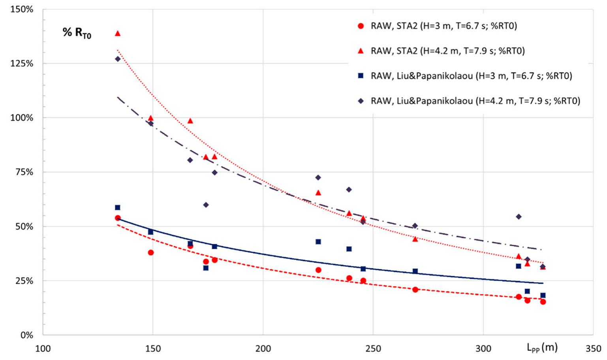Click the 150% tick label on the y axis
pyautogui.click(x=22, y=9)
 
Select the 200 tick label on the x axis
pyautogui.click(x=263, y=349)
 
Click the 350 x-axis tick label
pyautogui.click(x=593, y=349)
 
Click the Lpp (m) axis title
pyautogui.click(x=542, y=347)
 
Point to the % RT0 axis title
pyautogui.click(x=77, y=33)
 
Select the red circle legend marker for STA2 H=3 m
pyautogui.click(x=360, y=26)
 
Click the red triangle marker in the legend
pyautogui.click(x=360, y=51)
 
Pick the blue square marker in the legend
pyautogui.click(x=360, y=76)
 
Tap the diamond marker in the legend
pyautogui.click(x=360, y=101)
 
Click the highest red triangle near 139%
pyautogui.click(x=117, y=34)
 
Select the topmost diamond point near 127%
pyautogui.click(x=117, y=59)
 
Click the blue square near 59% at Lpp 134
pyautogui.click(x=117, y=207)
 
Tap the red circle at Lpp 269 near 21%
pyautogui.click(x=415, y=290)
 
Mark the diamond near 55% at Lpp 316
pyautogui.click(x=519, y=217)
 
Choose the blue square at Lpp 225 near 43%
pyautogui.click(x=318, y=241)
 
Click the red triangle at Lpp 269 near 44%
pyautogui.click(x=415, y=239)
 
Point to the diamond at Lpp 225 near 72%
pyautogui.click(x=318, y=177)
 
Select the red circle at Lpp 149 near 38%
pyautogui.click(x=150, y=253)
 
